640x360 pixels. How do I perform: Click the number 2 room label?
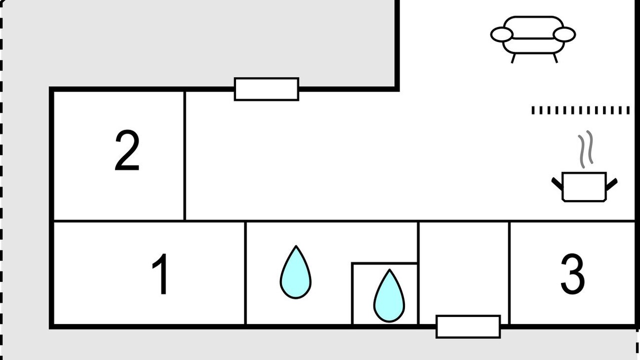click(127, 150)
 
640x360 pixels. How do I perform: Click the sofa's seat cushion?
click(533, 45)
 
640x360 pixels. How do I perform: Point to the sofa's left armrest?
click(501, 34)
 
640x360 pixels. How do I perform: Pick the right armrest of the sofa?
click(564, 34)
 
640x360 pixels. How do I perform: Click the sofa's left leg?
click(513, 58)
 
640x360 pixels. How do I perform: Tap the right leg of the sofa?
click(555, 58)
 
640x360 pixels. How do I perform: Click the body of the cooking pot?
click(584, 187)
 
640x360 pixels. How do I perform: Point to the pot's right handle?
click(611, 184)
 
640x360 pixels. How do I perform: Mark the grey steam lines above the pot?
click(585, 149)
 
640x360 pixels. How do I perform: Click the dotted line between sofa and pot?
click(580, 110)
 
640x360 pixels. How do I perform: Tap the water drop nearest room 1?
click(295, 272)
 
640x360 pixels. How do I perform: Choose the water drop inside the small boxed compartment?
click(389, 295)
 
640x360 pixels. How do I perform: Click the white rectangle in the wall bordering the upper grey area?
click(266, 89)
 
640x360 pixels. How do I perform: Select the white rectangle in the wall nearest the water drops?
click(468, 327)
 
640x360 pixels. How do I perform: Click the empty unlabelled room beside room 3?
click(463, 268)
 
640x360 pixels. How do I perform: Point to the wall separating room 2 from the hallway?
click(184, 155)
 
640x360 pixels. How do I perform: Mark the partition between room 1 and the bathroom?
click(245, 273)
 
